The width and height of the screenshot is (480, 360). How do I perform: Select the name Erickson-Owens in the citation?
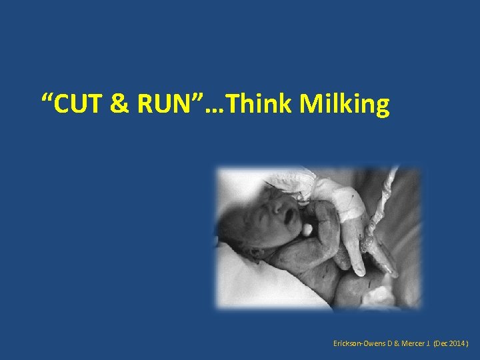tap(359, 343)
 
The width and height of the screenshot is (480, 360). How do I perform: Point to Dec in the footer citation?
tap(442, 343)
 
